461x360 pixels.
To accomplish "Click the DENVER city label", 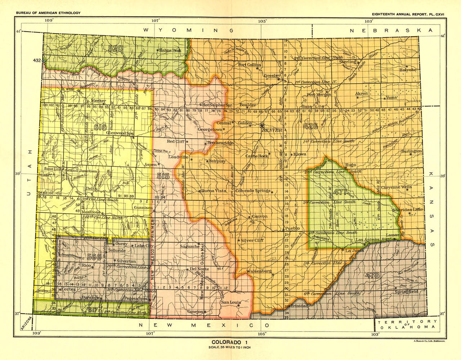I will pyautogui.click(x=272, y=130).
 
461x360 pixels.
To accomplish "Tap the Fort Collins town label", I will pyautogui.click(x=250, y=65).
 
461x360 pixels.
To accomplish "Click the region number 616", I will pyautogui.click(x=100, y=126).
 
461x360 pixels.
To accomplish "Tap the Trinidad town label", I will pyautogui.click(x=300, y=306).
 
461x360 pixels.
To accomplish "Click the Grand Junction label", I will pyautogui.click(x=81, y=171).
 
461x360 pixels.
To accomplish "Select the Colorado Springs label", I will pyautogui.click(x=252, y=191).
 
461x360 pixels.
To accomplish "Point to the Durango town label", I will pyautogui.click(x=90, y=298).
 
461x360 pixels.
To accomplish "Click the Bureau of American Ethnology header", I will pyautogui.click(x=48, y=13).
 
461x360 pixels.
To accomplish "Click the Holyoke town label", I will pyautogui.click(x=408, y=70).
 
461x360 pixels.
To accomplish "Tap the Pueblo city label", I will pyautogui.click(x=292, y=228).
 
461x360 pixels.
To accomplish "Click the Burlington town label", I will pyautogui.click(x=411, y=151).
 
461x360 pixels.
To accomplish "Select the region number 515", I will pyautogui.click(x=163, y=176).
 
